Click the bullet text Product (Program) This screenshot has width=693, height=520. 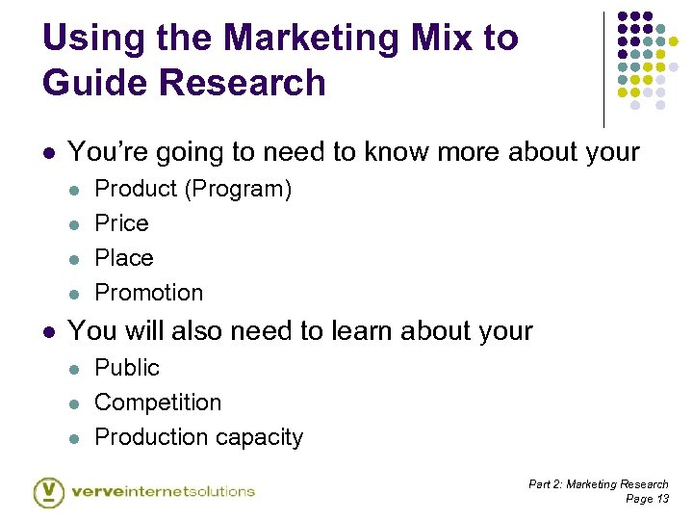pyautogui.click(x=192, y=189)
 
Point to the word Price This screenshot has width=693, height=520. pyautogui.click(x=121, y=223)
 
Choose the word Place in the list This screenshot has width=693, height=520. pyautogui.click(x=123, y=258)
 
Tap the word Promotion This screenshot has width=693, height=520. pyautogui.click(x=148, y=293)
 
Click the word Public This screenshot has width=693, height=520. pyautogui.click(x=126, y=368)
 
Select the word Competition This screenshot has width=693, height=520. pyautogui.click(x=158, y=403)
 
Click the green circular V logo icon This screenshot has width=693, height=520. pyautogui.click(x=48, y=492)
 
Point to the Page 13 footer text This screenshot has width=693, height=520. pyautogui.click(x=647, y=499)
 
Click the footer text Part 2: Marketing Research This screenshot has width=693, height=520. pyautogui.click(x=598, y=484)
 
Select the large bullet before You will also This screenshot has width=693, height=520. pyautogui.click(x=49, y=332)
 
